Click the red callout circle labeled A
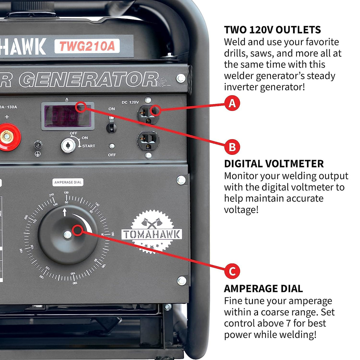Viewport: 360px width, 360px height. (x=232, y=103)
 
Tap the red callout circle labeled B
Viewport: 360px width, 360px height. (x=232, y=147)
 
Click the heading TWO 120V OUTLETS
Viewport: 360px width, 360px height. (x=272, y=30)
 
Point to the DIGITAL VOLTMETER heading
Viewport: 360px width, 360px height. (x=274, y=164)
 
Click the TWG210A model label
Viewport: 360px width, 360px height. (x=87, y=46)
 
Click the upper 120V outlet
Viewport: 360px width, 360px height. (x=148, y=115)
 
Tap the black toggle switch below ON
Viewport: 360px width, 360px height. (x=111, y=127)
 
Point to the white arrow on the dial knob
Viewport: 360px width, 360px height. (x=64, y=213)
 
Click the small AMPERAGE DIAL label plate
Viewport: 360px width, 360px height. (x=68, y=182)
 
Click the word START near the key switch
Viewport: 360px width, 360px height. (x=88, y=146)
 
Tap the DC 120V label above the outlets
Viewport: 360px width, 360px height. (x=130, y=102)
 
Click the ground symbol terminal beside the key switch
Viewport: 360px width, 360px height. (x=38, y=145)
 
